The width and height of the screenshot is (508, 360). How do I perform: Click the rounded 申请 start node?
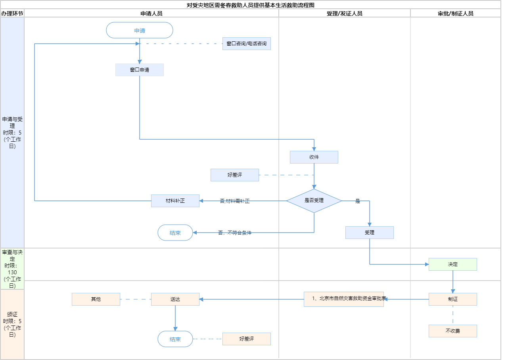coord(140,30)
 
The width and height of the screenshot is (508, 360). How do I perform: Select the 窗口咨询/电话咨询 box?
coord(247,44)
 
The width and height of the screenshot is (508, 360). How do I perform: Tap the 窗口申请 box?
coord(140,70)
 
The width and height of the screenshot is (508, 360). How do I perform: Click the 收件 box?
coord(314,157)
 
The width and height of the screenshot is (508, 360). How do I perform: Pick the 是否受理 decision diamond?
coord(314,201)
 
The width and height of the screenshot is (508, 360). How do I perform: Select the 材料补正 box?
coord(175,201)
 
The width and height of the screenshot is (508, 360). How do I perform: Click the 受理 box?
coord(370,233)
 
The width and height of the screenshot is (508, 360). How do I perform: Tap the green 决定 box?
coord(453,264)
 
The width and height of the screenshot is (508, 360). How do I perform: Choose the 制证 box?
coord(453,299)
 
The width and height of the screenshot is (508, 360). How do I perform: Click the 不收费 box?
coord(453,331)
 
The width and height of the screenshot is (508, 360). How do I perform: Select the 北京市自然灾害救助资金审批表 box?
coord(344,299)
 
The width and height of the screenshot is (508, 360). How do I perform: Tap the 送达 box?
coord(175,299)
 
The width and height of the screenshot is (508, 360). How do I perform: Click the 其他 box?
coord(96,299)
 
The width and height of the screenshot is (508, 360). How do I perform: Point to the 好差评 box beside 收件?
coord(235,175)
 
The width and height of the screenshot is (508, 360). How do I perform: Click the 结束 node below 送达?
coord(175,339)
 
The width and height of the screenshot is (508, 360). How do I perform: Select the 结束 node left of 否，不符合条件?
coord(175,233)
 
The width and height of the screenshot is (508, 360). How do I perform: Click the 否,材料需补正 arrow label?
coord(235,201)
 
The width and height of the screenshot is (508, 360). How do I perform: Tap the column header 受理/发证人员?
coord(344,13)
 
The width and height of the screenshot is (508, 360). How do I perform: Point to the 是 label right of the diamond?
coord(358,201)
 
